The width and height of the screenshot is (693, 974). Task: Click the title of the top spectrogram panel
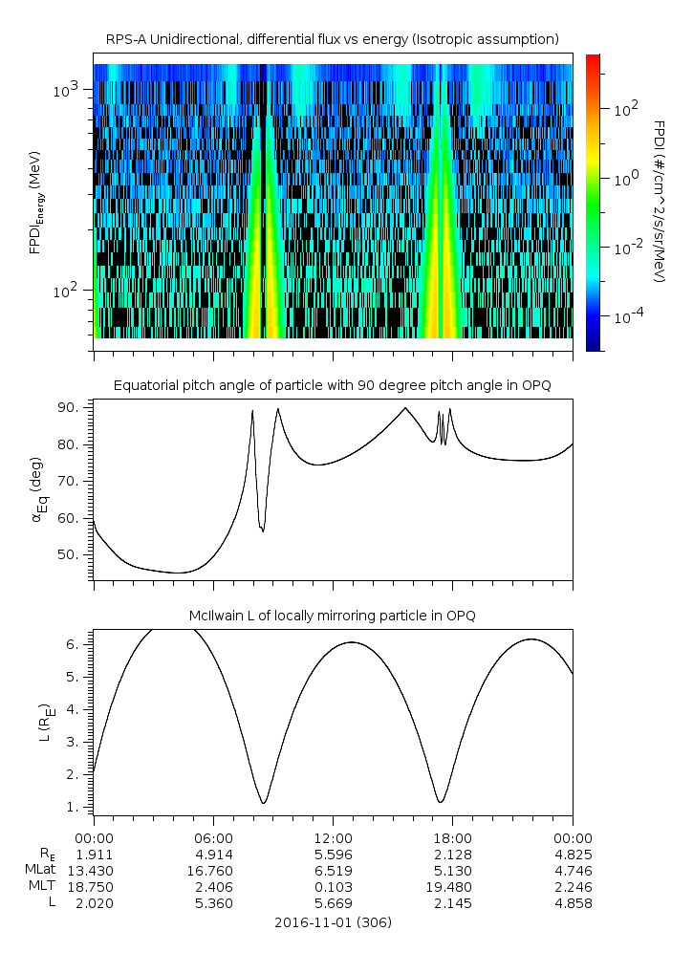coord(332,39)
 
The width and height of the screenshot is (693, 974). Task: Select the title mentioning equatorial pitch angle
coord(332,385)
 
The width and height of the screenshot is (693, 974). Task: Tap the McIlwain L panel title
coord(332,616)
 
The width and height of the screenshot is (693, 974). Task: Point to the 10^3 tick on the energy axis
coord(71,90)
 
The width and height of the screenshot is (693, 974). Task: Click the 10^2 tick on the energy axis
coord(71,291)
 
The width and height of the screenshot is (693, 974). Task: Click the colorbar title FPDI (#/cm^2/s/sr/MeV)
coord(659,202)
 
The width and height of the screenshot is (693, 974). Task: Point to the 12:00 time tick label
coord(333,838)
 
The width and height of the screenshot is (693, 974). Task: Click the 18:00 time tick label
coord(452,838)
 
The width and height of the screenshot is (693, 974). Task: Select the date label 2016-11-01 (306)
coord(333,922)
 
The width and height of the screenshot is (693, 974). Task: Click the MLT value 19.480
coord(452,886)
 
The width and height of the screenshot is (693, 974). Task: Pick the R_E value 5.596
coord(333,854)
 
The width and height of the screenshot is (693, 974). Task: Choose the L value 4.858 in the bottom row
coord(572,902)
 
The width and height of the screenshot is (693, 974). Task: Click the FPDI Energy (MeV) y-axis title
coord(36,202)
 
